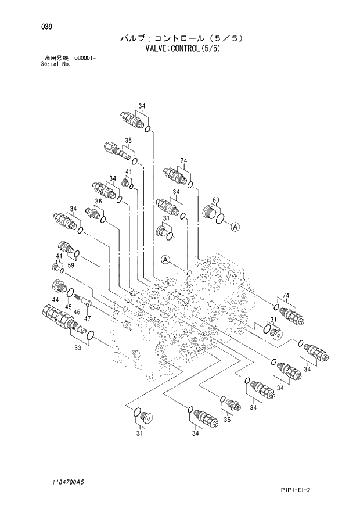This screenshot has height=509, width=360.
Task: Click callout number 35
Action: (128, 140)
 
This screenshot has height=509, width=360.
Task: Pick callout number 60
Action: (216, 200)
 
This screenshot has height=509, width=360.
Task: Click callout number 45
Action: (69, 307)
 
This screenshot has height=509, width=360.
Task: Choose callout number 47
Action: (87, 318)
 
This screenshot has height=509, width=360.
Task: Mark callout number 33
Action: (78, 347)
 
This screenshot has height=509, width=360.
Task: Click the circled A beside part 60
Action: (235, 227)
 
